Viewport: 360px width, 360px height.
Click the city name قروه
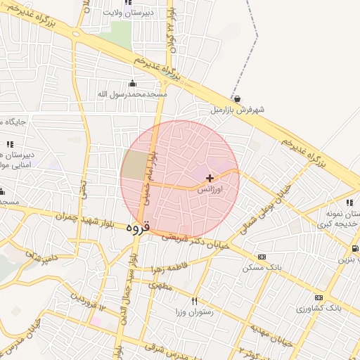tap(139, 229)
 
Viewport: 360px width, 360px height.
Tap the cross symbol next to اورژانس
tap(210, 179)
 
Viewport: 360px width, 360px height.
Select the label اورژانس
tap(209, 190)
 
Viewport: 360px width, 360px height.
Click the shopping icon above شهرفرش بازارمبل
tap(237, 99)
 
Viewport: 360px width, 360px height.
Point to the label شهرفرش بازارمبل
tap(237, 110)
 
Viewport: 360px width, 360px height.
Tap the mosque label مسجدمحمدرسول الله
tap(132, 94)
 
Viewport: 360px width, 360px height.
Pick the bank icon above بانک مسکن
tap(262, 257)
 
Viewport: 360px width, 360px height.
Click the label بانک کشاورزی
tap(321, 308)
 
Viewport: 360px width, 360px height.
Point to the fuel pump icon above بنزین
tap(354, 248)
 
